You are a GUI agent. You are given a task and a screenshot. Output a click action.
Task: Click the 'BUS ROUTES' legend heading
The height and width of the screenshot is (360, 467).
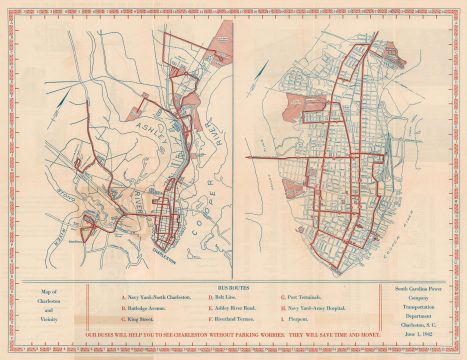[x=231, y=284]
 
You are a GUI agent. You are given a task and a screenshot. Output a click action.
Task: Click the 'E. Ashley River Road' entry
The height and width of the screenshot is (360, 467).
[x=228, y=309]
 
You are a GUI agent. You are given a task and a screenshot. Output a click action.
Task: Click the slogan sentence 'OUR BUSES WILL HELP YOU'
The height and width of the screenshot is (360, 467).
[x=233, y=345]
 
